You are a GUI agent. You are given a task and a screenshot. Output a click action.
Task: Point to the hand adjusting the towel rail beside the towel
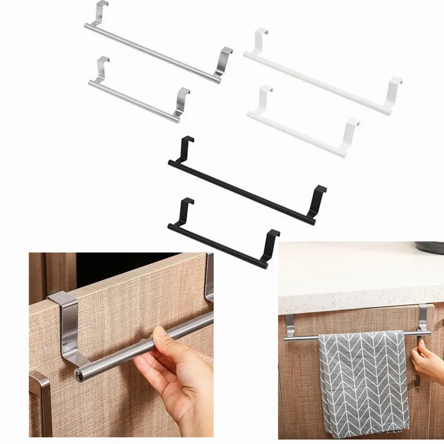click(427, 361)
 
